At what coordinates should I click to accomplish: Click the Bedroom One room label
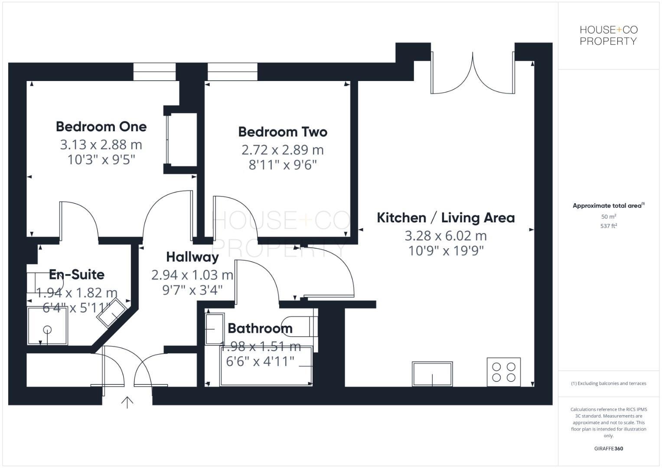coord(101,127)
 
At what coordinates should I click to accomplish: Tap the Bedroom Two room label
coord(283,132)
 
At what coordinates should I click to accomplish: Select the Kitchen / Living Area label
coord(446,218)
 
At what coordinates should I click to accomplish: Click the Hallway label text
coord(192,257)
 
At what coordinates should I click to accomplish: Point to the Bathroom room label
coord(260,328)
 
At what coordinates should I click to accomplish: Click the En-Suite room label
coord(77,274)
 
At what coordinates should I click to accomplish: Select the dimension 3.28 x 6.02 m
coord(446,236)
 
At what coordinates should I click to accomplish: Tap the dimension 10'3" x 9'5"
coord(101,160)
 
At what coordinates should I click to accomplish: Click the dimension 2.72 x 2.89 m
coord(283,150)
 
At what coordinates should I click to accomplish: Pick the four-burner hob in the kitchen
coord(503,372)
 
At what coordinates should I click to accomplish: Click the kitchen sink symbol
coord(432,374)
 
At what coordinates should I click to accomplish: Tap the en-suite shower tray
coord(47,326)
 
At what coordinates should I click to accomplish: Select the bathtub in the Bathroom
coord(266,366)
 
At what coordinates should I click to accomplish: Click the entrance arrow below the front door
coord(127,403)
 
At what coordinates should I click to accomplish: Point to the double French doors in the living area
coord(473,76)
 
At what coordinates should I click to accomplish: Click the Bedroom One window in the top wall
coord(154,72)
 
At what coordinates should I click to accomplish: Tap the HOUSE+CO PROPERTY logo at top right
coord(609,36)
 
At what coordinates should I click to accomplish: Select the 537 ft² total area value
coord(609,226)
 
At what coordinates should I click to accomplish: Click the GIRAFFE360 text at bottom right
coord(609,448)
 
